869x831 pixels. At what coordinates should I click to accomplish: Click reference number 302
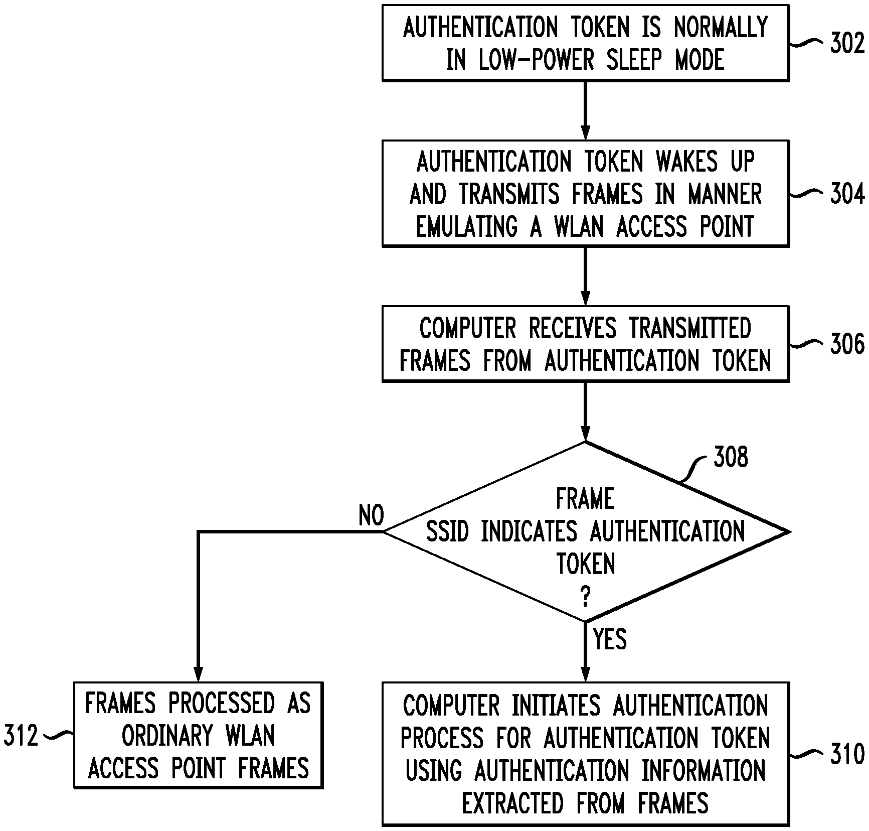[847, 43]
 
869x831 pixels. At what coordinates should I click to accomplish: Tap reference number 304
[847, 194]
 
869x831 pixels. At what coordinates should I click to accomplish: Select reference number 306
[847, 344]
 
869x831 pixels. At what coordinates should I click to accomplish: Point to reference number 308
[731, 457]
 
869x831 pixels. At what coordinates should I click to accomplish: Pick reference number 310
[847, 754]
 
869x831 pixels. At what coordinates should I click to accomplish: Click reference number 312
[21, 736]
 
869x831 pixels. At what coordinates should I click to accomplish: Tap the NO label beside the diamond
[371, 515]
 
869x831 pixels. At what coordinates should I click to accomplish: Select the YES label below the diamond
[610, 639]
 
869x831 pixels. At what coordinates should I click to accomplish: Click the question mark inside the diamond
[585, 597]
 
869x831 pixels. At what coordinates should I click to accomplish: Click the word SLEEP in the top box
[634, 60]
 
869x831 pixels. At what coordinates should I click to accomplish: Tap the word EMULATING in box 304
[467, 226]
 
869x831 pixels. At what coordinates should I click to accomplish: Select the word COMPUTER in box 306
[467, 328]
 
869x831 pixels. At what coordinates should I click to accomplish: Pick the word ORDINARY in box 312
[166, 736]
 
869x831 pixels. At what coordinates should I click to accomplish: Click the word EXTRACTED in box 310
[512, 803]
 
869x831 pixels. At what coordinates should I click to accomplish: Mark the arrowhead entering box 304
[585, 133]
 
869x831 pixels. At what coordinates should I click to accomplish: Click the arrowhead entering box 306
[585, 299]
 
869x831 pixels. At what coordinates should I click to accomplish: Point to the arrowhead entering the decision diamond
[585, 434]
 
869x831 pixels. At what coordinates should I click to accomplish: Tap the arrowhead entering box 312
[199, 675]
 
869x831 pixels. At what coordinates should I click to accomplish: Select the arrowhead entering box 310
[585, 675]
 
